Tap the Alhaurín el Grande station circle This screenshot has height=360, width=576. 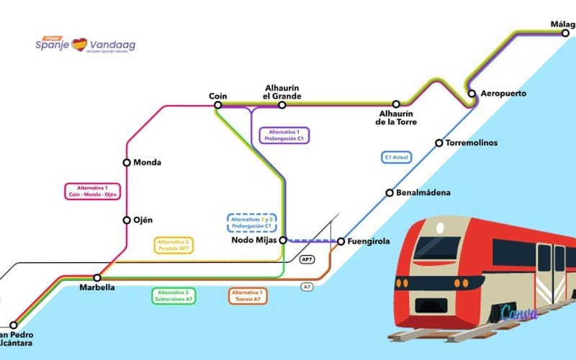(x=282, y=105)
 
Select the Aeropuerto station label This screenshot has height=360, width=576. (x=503, y=94)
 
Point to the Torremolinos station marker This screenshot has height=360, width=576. (x=438, y=143)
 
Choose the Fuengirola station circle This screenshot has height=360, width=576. (x=341, y=241)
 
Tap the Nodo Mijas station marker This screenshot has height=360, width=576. (x=283, y=240)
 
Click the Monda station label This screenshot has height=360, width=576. (x=147, y=163)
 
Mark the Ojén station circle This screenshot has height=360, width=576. (x=127, y=220)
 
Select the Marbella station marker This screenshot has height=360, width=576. (x=97, y=277)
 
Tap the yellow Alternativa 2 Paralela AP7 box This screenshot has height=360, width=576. (x=173, y=245)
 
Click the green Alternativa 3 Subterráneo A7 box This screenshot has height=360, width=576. (x=173, y=295)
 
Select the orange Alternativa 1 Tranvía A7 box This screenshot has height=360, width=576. (x=248, y=295)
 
